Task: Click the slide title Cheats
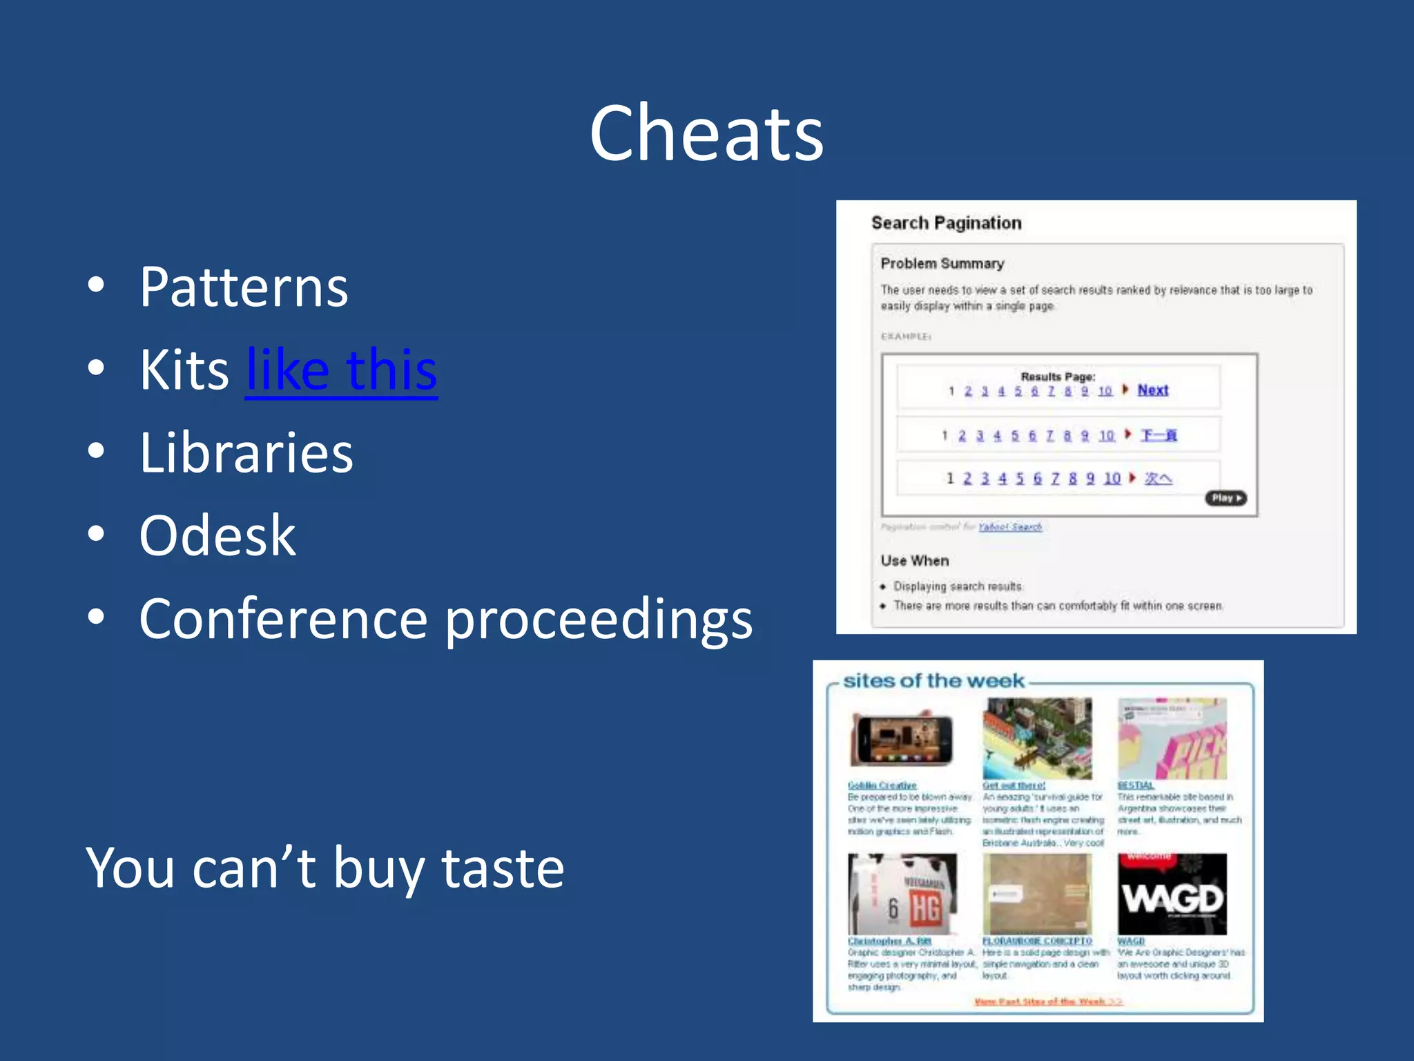click(706, 133)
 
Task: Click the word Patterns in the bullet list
click(244, 287)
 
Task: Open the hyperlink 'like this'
click(341, 370)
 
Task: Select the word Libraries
click(246, 453)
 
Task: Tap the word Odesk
click(217, 536)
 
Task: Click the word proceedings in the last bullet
click(598, 620)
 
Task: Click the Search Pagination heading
click(946, 223)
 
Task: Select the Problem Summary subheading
click(942, 264)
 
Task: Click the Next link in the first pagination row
click(1152, 390)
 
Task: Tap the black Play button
click(1226, 498)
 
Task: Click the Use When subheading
click(914, 561)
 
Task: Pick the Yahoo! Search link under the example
click(1009, 527)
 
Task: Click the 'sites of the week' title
click(933, 681)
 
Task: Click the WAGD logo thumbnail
click(1172, 895)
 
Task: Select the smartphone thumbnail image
click(902, 738)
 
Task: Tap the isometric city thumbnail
click(1037, 738)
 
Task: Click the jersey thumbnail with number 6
click(902, 895)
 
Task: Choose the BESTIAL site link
click(1135, 785)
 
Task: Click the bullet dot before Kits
click(97, 368)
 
